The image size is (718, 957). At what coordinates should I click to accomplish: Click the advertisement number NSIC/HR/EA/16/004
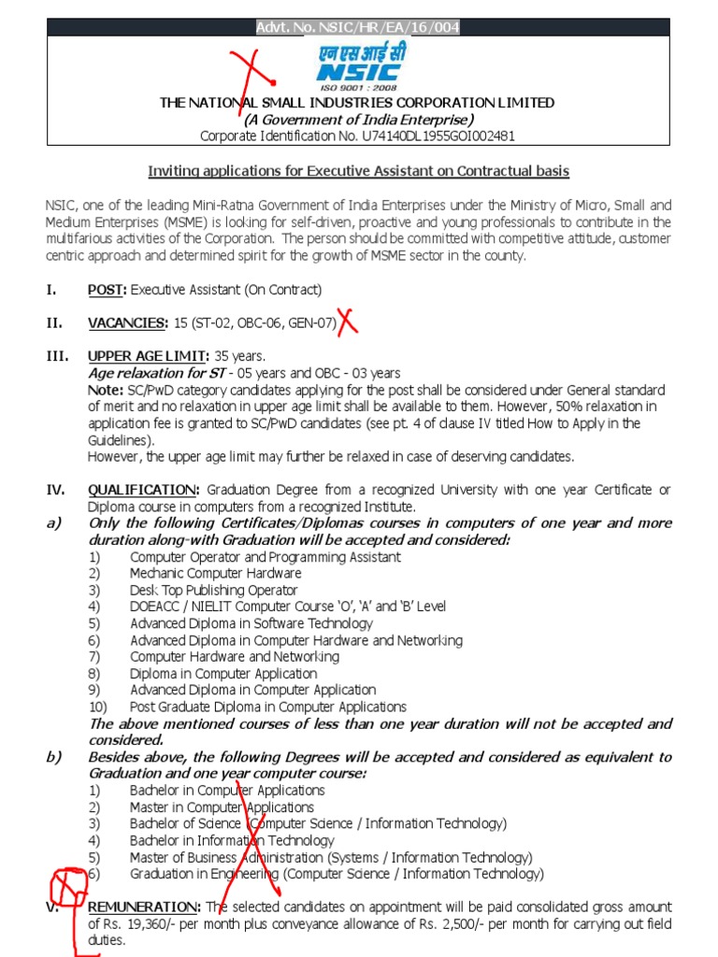click(358, 28)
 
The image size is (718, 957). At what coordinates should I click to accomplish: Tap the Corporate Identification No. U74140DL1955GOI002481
click(358, 136)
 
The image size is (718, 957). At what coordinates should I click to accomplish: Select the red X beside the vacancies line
click(348, 322)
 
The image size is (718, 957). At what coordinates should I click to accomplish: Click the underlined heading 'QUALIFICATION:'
click(143, 490)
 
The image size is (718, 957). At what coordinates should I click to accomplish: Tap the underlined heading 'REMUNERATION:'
click(144, 907)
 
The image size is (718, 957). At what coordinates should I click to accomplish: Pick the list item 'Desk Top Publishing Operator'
click(213, 591)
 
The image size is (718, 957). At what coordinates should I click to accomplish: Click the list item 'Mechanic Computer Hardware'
click(215, 574)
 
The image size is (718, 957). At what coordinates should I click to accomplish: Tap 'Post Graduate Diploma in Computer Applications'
click(268, 707)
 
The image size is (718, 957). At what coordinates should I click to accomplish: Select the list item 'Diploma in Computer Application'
click(223, 674)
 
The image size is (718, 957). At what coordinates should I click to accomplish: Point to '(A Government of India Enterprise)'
click(358, 120)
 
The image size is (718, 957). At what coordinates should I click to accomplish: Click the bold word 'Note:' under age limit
click(105, 390)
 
